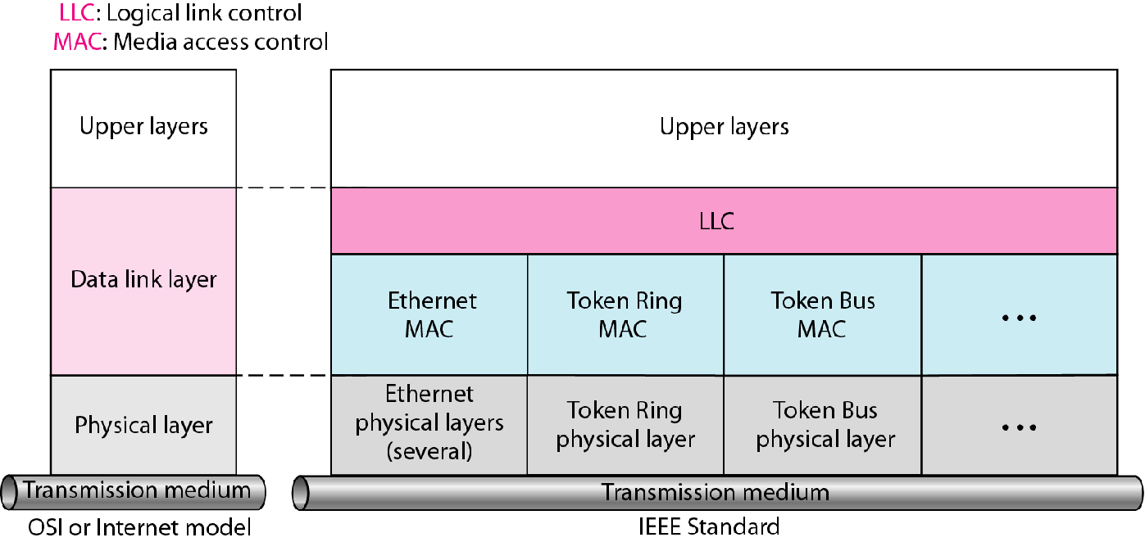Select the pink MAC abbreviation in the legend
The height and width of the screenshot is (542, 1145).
click(x=77, y=42)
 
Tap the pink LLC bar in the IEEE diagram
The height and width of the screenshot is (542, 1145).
click(x=724, y=221)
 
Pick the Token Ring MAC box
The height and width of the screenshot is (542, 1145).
click(x=625, y=314)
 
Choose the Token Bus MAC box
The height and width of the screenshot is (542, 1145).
click(x=822, y=314)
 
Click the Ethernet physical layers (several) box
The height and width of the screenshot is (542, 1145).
click(x=429, y=424)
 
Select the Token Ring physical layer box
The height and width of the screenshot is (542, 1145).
click(x=625, y=424)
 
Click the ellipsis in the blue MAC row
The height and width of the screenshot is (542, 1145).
click(x=1019, y=317)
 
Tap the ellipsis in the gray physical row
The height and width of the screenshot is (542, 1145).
click(x=1019, y=427)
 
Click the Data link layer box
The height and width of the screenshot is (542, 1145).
click(x=143, y=280)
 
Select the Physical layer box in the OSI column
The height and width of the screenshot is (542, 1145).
click(x=143, y=425)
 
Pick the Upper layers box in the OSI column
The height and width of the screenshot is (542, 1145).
click(x=143, y=127)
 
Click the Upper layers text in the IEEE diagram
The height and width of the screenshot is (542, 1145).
click(x=724, y=127)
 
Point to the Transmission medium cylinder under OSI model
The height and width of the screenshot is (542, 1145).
click(x=136, y=490)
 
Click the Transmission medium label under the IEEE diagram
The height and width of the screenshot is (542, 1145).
click(x=716, y=493)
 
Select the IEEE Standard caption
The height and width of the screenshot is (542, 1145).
click(x=708, y=526)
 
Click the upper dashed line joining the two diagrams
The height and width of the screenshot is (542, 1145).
click(x=284, y=188)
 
